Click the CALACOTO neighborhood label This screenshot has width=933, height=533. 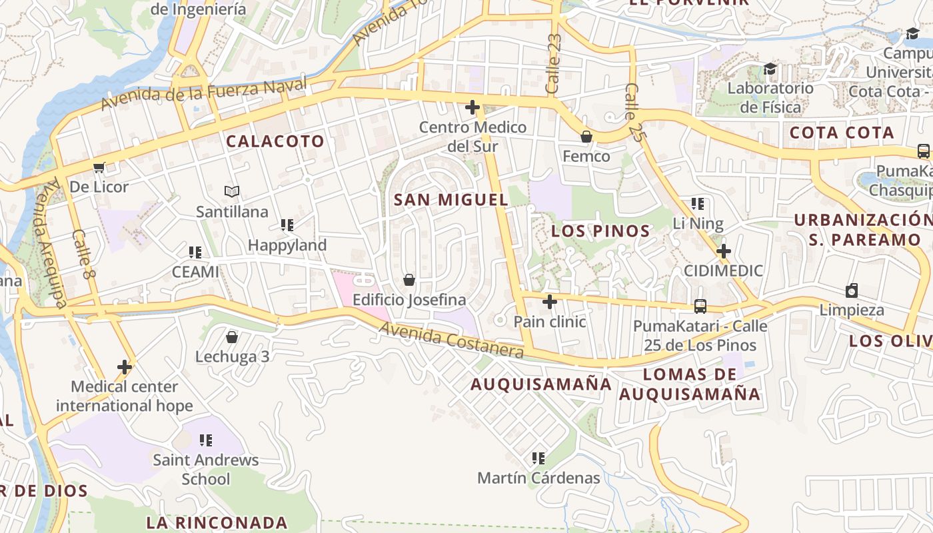[x=275, y=141]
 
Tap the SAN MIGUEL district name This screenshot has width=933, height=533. [x=451, y=200]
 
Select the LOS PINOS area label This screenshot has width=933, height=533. [x=600, y=231]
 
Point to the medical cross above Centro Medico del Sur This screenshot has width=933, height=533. [x=472, y=107]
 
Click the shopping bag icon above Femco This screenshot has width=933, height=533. [x=586, y=137]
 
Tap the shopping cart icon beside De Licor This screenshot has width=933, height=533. [x=99, y=167]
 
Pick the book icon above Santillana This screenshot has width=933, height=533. [x=232, y=192]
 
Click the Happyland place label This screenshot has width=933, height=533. [x=287, y=245]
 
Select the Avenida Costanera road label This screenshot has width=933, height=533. [x=451, y=340]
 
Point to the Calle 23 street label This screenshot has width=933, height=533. [x=554, y=63]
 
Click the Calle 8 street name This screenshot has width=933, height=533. [x=81, y=254]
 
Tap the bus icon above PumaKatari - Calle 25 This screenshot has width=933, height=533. [x=700, y=306]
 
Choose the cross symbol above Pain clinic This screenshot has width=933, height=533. [x=550, y=302]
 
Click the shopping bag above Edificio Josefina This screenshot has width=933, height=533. [x=409, y=280]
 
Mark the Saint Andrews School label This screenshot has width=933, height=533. [x=206, y=469]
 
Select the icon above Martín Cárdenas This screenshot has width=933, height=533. [x=538, y=458]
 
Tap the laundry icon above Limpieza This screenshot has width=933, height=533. [x=852, y=290]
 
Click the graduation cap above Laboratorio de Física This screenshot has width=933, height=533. [x=770, y=69]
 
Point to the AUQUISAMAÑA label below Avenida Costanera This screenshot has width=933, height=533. [x=540, y=384]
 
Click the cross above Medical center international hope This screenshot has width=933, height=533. [x=125, y=367]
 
